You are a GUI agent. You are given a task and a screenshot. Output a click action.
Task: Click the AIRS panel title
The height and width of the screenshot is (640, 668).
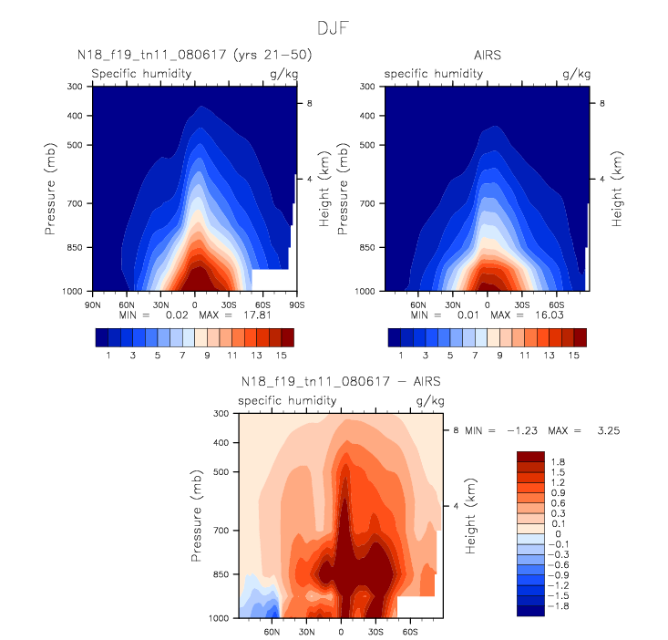(x=488, y=56)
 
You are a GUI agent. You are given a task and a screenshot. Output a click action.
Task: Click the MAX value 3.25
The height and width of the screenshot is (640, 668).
(x=608, y=429)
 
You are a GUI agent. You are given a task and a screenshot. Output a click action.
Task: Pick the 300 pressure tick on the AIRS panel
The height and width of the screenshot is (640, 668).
(x=365, y=87)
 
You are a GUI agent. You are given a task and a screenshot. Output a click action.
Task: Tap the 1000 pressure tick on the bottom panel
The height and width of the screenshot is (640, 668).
(x=217, y=618)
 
